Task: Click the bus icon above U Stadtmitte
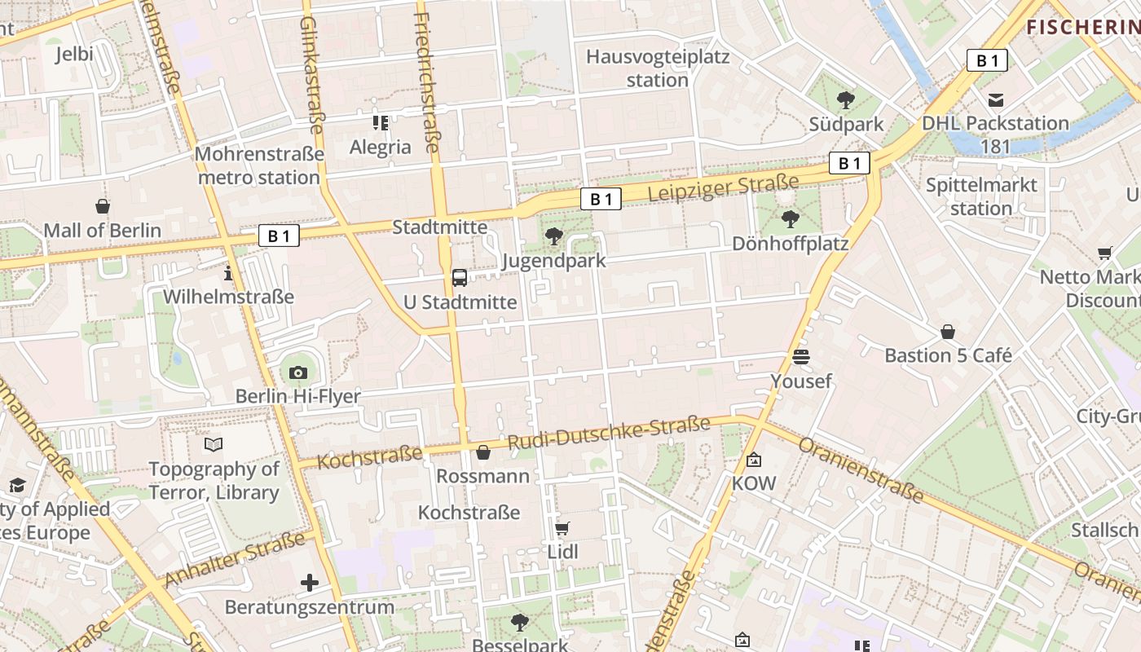point(460,278)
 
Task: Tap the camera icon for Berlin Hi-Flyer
point(298,372)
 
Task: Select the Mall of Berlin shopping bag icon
point(103,206)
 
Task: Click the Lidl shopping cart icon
point(562,528)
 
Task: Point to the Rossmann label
point(483,475)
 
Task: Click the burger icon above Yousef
point(801,357)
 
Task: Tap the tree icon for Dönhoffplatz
point(790,218)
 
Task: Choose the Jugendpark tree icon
point(554,236)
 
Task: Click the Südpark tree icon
point(846,100)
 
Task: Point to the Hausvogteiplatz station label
point(658,68)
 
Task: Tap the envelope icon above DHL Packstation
point(995,100)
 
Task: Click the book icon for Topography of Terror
point(214,445)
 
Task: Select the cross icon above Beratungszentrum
point(310,583)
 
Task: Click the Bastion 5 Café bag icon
point(948,332)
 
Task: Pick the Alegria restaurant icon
point(381,123)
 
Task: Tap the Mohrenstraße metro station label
point(258,165)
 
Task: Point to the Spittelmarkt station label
point(981,196)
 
